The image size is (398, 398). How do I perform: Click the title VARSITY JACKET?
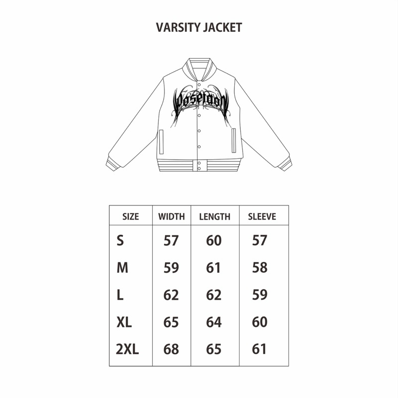click(199, 28)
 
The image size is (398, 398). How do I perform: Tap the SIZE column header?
click(130, 217)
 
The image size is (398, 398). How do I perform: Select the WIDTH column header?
click(171, 217)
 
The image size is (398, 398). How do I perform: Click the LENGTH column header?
click(214, 217)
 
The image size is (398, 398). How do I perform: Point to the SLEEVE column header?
click(262, 217)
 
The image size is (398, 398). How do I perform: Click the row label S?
click(120, 241)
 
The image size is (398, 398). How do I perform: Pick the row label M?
click(122, 268)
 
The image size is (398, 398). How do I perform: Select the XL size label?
click(124, 322)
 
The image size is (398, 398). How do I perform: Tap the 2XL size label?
click(127, 349)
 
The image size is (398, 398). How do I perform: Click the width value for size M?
click(171, 268)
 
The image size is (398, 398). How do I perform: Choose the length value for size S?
click(214, 241)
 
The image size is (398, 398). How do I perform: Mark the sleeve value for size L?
click(260, 295)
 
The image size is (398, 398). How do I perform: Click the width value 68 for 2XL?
click(171, 349)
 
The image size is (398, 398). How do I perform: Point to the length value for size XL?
click(214, 322)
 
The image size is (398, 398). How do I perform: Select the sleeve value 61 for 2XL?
click(260, 349)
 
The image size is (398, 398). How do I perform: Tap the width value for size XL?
click(171, 322)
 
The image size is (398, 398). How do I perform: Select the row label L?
click(120, 295)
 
